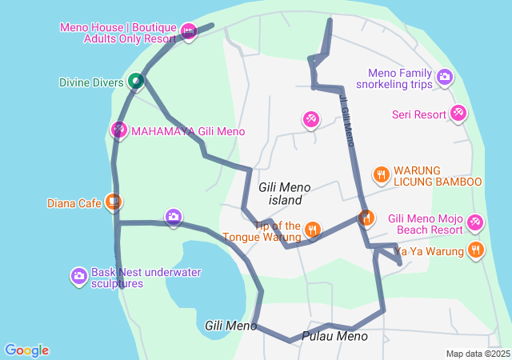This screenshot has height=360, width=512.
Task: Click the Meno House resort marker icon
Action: tap(188, 32)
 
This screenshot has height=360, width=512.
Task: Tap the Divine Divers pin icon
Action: tap(136, 81)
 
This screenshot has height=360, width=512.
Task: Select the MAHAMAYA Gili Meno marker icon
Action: tap(118, 129)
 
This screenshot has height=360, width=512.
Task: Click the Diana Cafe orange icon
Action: tap(114, 202)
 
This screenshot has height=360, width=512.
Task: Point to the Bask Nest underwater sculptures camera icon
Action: tap(78, 276)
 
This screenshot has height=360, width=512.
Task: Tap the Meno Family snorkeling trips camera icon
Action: tap(444, 78)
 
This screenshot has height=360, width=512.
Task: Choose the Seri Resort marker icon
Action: tap(458, 114)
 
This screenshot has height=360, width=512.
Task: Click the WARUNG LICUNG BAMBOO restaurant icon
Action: tap(381, 174)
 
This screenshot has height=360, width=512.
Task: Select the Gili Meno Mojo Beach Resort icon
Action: tap(475, 222)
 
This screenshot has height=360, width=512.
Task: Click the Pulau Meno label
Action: tap(335, 337)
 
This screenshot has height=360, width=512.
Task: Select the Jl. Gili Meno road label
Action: tap(346, 120)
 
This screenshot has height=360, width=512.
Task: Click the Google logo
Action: tap(26, 350)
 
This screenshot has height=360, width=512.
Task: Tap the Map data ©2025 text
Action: tap(477, 354)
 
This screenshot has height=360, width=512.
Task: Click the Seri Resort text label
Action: tap(418, 114)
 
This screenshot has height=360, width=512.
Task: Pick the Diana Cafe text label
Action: tap(78, 203)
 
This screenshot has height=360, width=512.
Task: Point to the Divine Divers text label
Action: tap(91, 82)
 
